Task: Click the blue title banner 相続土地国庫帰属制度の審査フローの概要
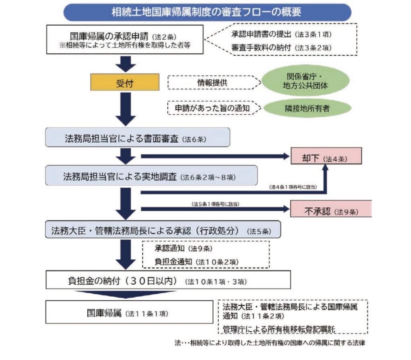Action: tap(207, 12)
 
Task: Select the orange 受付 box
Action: tap(125, 82)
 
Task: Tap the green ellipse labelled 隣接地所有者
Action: tap(307, 108)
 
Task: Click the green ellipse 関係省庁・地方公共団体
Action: tap(305, 81)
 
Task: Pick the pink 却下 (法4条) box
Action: tap(326, 156)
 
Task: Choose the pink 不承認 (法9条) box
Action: tap(331, 209)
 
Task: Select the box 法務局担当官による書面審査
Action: tap(138, 138)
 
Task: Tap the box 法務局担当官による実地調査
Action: tap(151, 176)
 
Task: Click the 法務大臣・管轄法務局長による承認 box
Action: tap(163, 230)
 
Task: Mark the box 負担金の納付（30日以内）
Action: tap(168, 280)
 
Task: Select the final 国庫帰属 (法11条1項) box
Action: tap(129, 312)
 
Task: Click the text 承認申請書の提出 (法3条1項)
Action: tap(281, 34)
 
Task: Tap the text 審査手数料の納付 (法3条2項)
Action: tap(281, 48)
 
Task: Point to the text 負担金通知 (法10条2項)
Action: tap(197, 261)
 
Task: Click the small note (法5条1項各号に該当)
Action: tap(216, 204)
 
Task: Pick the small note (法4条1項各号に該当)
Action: tap(293, 187)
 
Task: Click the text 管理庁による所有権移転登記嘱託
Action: tap(279, 329)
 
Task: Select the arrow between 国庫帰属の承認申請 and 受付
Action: tap(126, 64)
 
